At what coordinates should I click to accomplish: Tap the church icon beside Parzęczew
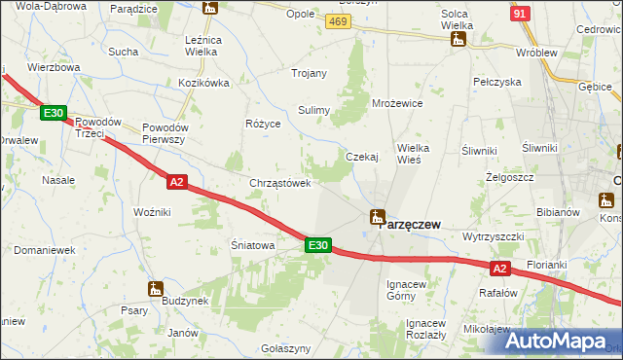376,218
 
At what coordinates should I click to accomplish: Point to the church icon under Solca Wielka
457,40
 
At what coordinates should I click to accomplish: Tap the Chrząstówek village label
280,183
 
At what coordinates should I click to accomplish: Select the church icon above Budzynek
155,288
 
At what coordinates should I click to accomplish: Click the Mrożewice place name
397,102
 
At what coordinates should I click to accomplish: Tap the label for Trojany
310,73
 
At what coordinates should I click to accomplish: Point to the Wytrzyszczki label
494,236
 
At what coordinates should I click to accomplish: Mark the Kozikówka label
203,83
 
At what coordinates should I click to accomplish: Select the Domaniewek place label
45,250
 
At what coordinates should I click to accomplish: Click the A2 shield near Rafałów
499,268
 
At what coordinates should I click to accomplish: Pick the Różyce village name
263,125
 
